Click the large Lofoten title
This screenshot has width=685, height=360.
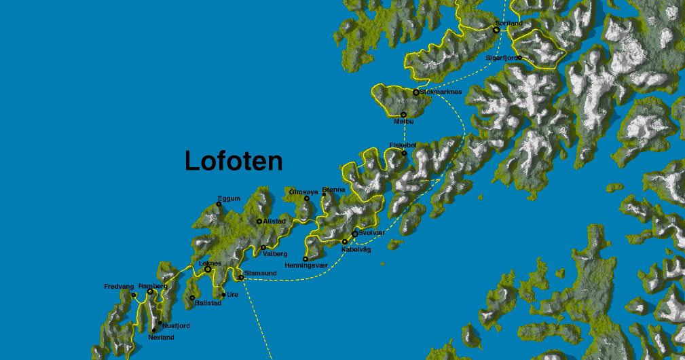(x=234, y=161)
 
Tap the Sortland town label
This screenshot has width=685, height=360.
(x=509, y=23)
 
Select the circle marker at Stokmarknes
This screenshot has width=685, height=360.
(x=415, y=92)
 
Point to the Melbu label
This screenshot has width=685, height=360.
(x=403, y=122)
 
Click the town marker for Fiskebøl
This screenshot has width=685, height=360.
(x=404, y=153)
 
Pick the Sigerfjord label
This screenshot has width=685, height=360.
(x=502, y=58)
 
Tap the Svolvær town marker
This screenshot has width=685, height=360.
(x=354, y=234)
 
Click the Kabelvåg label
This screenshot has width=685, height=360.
(x=356, y=249)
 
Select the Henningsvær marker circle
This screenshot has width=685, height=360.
(x=306, y=259)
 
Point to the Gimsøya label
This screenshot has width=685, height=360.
(x=303, y=191)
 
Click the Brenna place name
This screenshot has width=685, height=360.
(x=333, y=190)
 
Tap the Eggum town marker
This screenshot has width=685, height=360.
(x=219, y=204)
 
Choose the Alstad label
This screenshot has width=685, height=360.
(x=273, y=221)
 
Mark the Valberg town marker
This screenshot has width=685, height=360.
(x=263, y=247)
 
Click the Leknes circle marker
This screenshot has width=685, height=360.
(x=208, y=270)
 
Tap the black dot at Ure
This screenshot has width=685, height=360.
(x=223, y=295)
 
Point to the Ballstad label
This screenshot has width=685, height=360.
(x=208, y=303)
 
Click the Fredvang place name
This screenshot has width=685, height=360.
(x=119, y=287)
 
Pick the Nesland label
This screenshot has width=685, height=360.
(x=162, y=337)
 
